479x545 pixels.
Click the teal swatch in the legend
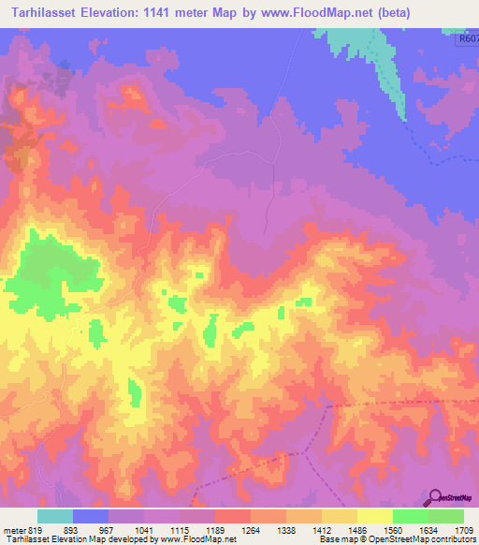(x=55, y=515)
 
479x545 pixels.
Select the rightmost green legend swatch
(x=446, y=515)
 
